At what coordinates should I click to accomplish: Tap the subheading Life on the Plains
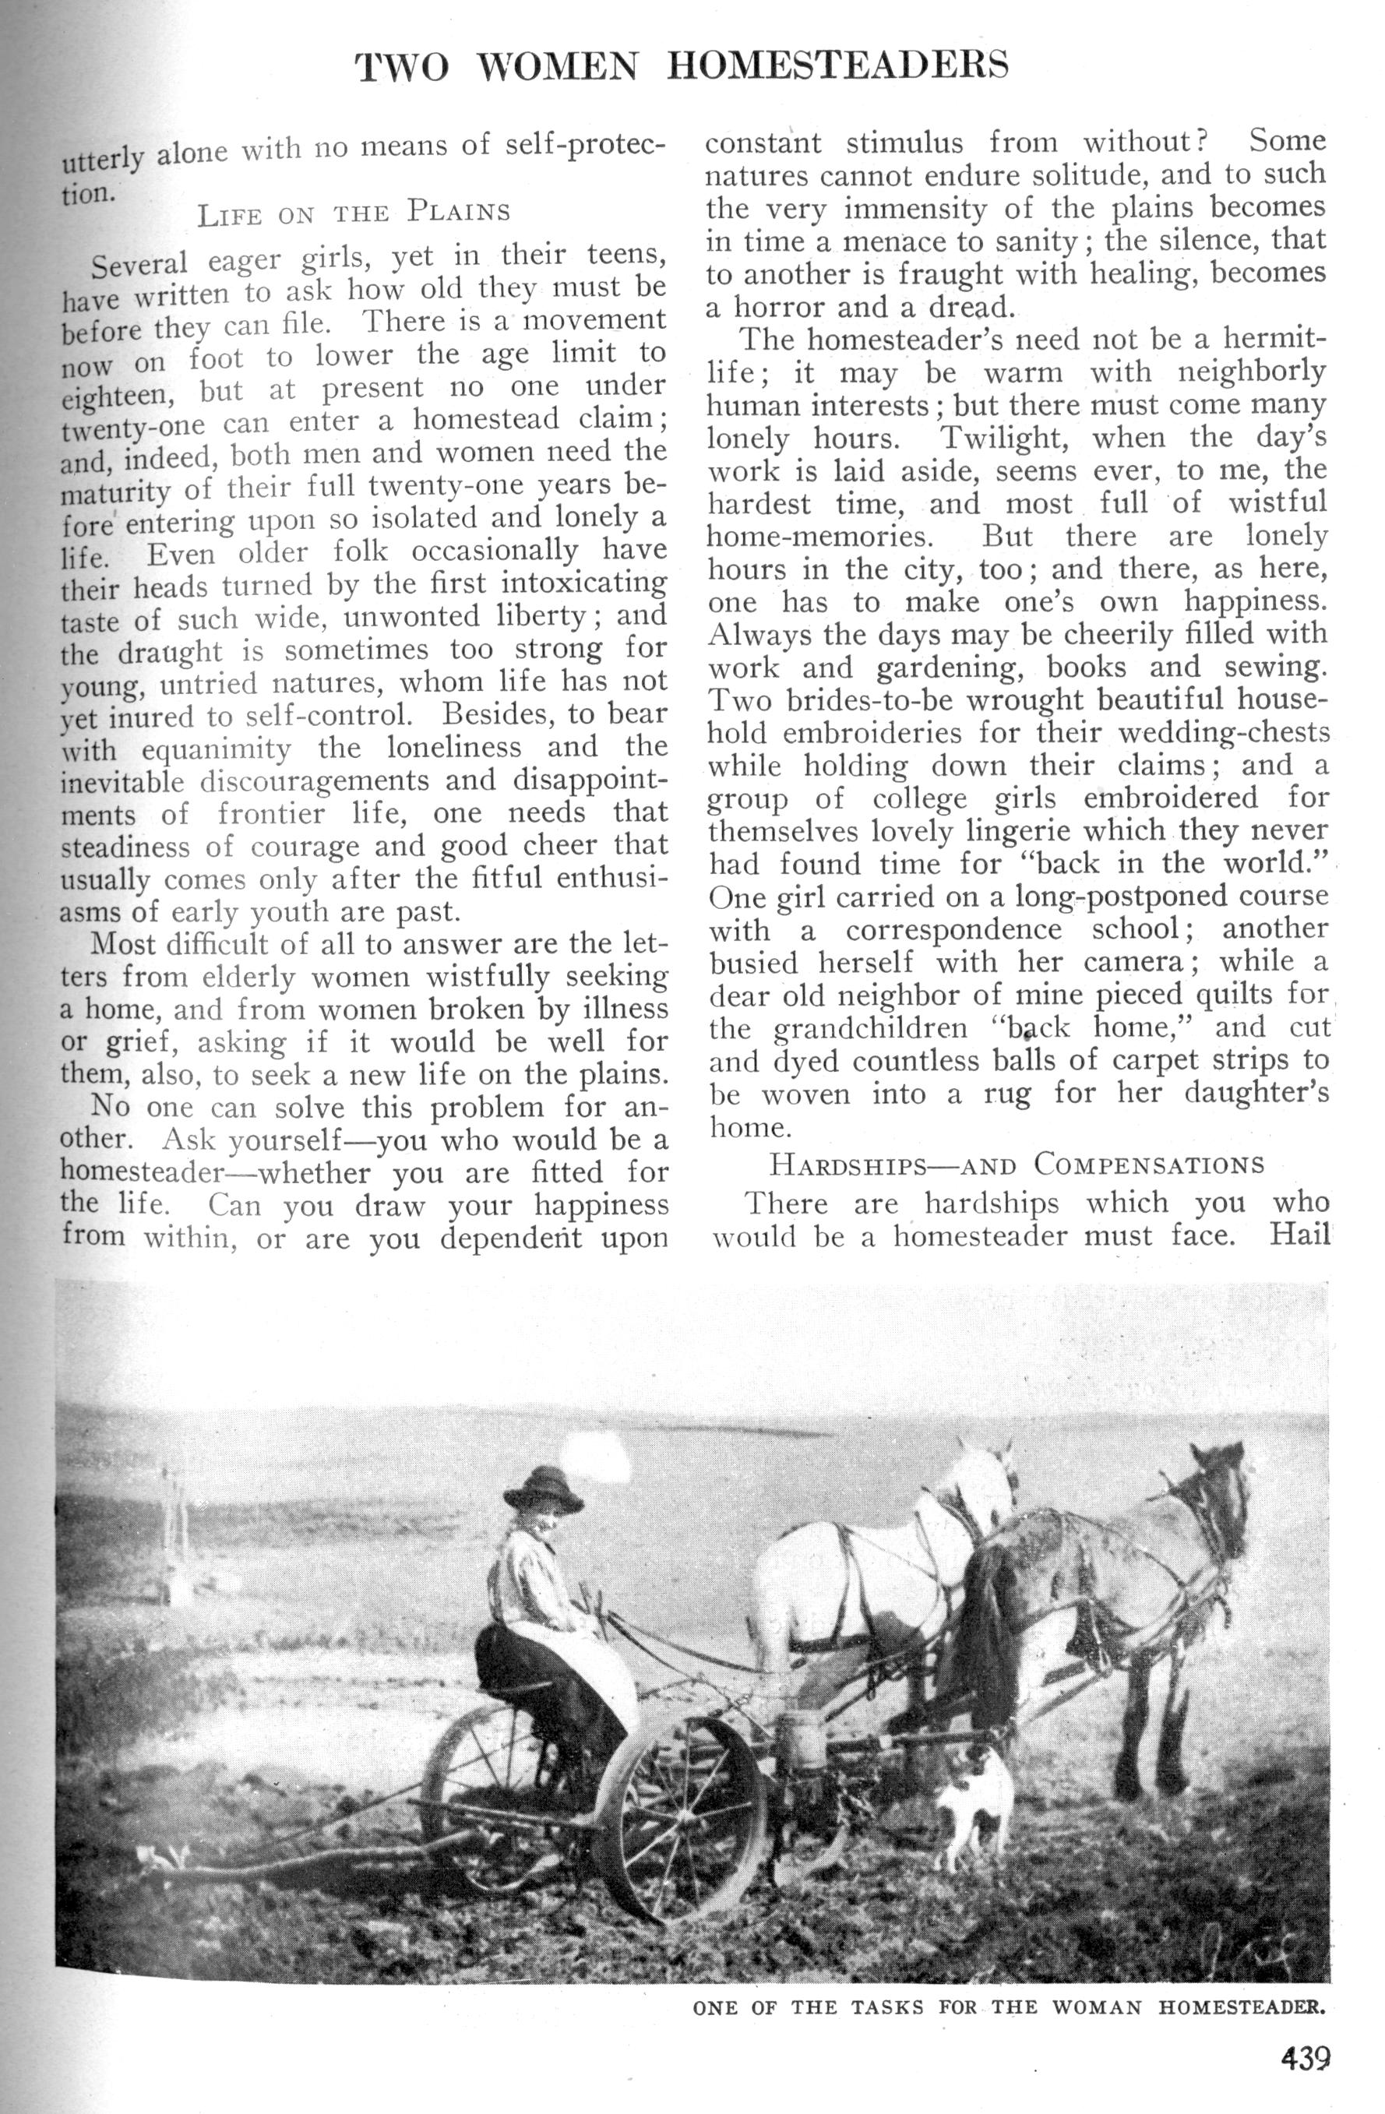coord(354,213)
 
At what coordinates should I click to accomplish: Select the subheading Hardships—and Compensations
coord(1017,1164)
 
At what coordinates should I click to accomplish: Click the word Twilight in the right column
coord(1002,438)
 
